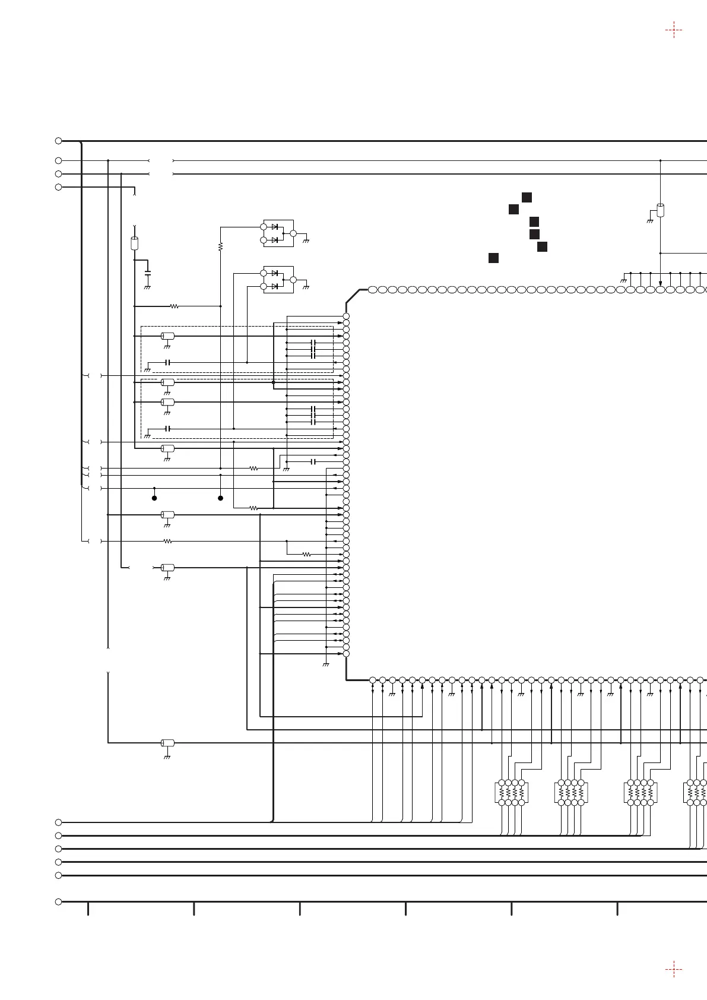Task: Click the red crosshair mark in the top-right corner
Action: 674,30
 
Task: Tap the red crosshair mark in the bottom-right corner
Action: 674,970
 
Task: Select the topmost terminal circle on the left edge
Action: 58,141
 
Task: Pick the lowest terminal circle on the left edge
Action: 58,902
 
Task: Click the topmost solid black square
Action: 527,197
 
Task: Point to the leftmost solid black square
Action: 493,258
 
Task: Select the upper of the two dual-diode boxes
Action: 278,233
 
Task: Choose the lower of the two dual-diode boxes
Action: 278,279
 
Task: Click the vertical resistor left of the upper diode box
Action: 220,246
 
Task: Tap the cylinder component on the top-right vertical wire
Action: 660,210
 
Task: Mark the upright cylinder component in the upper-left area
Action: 134,243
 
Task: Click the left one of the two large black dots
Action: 154,498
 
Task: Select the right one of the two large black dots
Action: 220,498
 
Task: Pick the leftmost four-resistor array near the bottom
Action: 511,792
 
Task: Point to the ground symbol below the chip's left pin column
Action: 325,664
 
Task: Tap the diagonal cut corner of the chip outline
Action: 353,296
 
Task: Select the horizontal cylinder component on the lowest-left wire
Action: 168,743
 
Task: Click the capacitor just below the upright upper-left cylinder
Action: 148,273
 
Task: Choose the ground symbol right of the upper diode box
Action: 306,241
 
